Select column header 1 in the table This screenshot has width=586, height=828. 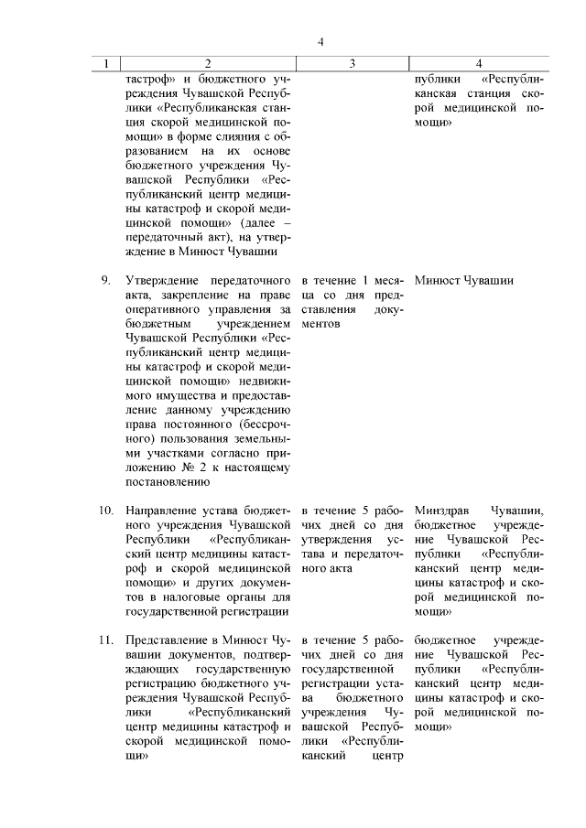pyautogui.click(x=107, y=64)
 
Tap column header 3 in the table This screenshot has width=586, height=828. pyautogui.click(x=352, y=64)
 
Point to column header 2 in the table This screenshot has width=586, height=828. pyautogui.click(x=208, y=64)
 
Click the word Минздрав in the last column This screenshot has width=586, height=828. pyautogui.click(x=443, y=510)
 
